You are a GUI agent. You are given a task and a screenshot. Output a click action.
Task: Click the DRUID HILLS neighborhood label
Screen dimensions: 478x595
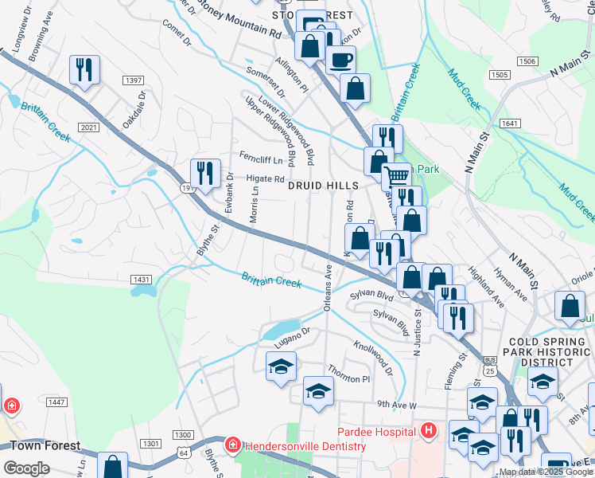[x=323, y=185]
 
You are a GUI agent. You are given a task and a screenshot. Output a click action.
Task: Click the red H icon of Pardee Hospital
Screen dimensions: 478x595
[x=429, y=432]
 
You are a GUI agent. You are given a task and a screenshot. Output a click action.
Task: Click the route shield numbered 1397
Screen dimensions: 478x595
[x=133, y=80]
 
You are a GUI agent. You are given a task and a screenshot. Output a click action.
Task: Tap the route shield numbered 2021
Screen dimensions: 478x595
[x=89, y=127]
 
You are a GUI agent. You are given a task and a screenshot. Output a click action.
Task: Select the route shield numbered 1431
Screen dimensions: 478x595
[x=142, y=279]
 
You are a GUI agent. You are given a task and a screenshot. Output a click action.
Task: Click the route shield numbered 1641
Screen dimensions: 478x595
[x=510, y=123]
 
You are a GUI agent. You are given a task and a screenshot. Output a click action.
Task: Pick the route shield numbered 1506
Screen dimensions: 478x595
[x=526, y=61]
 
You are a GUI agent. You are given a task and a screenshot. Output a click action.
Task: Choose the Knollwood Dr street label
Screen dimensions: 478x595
[x=373, y=358]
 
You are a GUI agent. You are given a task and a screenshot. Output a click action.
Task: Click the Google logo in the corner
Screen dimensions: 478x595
[x=26, y=468]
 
